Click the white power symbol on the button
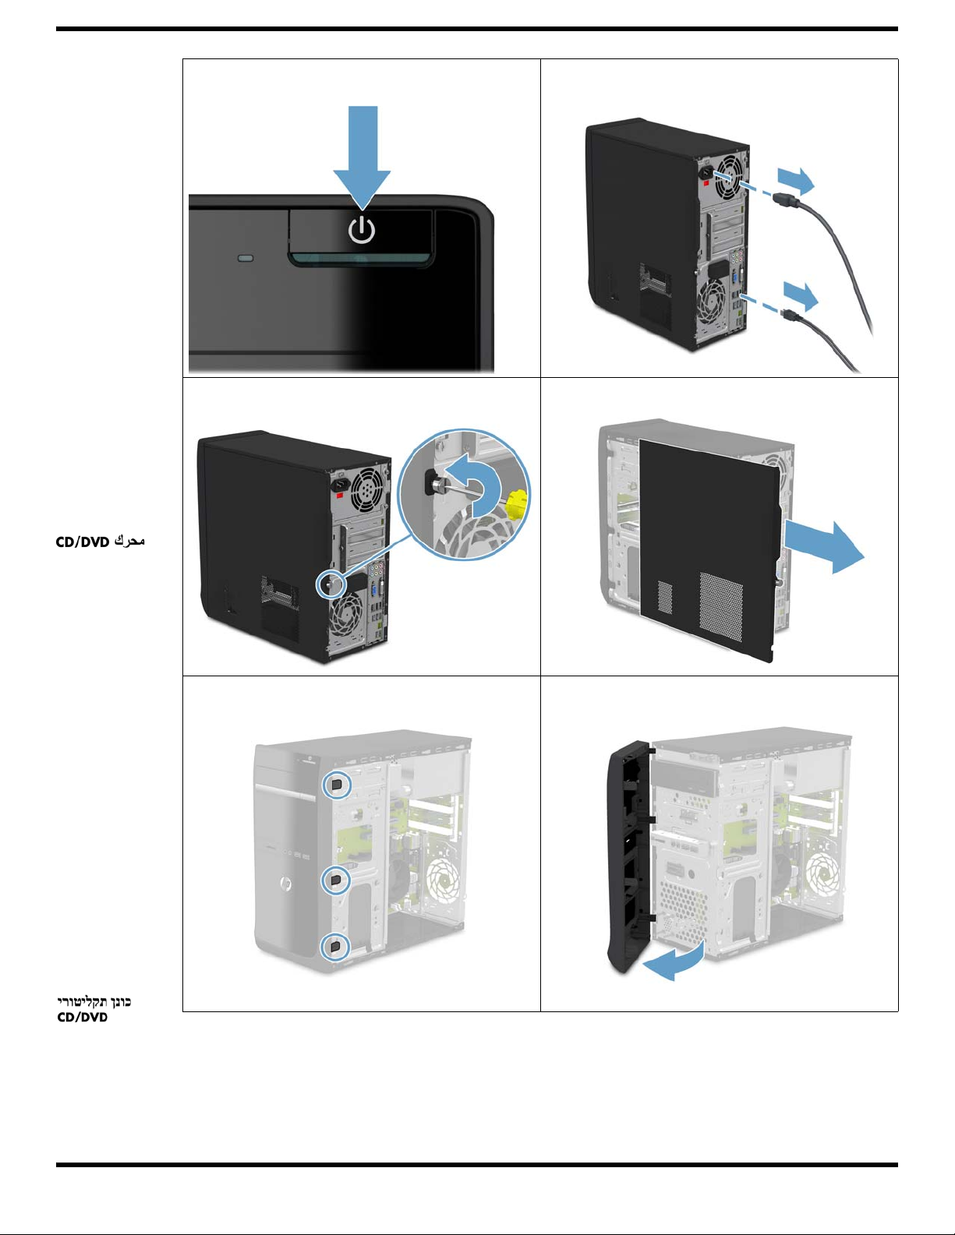(x=362, y=230)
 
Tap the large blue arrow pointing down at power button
(x=362, y=157)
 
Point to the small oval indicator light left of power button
(x=246, y=259)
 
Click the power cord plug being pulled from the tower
(x=786, y=200)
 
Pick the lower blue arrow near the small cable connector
(x=801, y=296)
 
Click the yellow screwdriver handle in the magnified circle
(x=516, y=503)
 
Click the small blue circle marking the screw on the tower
(x=331, y=584)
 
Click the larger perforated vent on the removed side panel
(x=721, y=607)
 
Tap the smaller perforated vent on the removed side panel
(x=664, y=597)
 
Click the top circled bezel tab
(x=337, y=785)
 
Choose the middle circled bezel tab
(x=336, y=880)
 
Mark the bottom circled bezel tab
(x=334, y=947)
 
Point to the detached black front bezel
(x=631, y=857)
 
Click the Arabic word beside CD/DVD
(x=129, y=541)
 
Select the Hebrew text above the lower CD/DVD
(x=94, y=1001)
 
